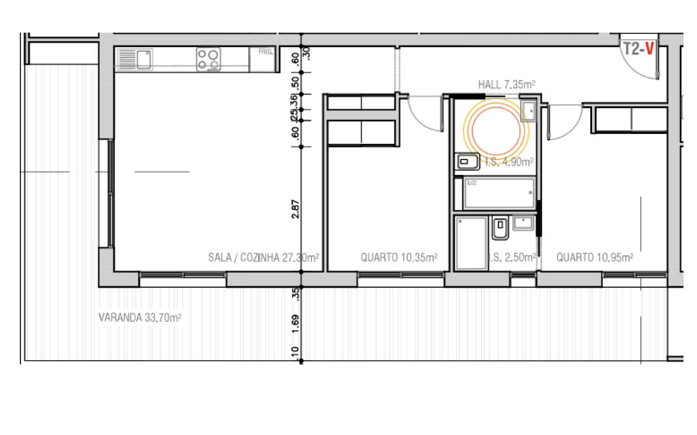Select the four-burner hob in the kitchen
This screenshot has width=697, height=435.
point(208,59)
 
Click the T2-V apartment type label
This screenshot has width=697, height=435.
point(638,49)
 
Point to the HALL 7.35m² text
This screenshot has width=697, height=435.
point(507,85)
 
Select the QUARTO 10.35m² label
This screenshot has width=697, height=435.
point(399,258)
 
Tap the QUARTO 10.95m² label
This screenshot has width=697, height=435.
point(595,258)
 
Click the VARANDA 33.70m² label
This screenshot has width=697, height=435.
point(140,318)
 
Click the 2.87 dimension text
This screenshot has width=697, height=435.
point(296,209)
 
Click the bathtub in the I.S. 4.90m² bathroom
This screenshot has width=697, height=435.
point(500,193)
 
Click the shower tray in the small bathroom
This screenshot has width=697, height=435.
point(471,243)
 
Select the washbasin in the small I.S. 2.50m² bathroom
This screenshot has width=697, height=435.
point(523,222)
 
